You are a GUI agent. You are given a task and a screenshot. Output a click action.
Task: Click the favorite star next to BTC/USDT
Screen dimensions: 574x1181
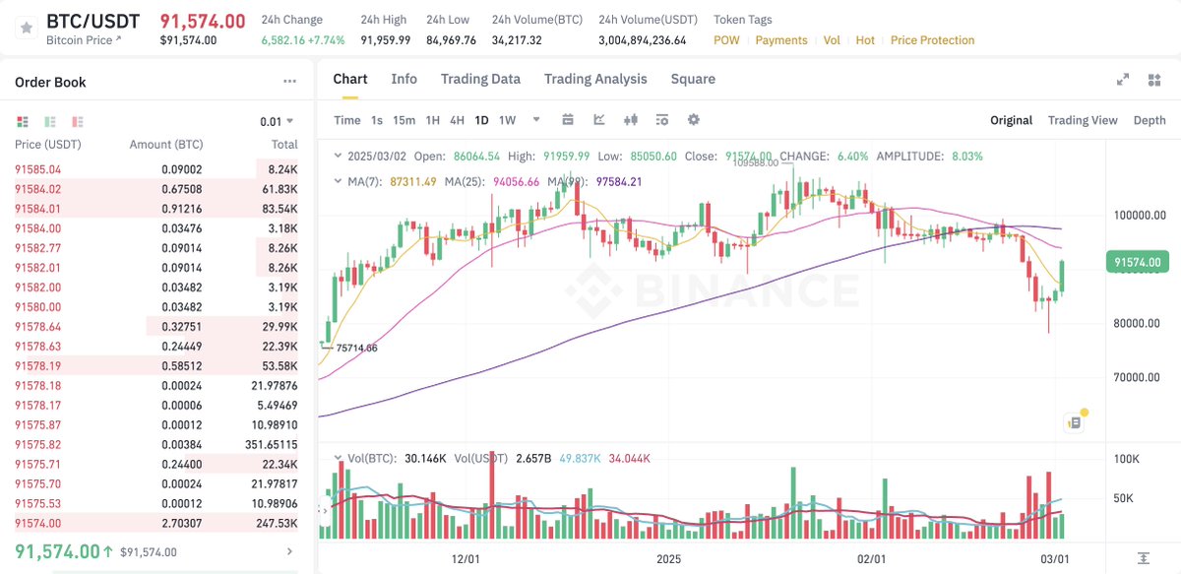25,30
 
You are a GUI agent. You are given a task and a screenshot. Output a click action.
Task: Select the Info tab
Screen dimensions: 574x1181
404,79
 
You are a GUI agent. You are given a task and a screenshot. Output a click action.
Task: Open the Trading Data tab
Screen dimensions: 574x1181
480,79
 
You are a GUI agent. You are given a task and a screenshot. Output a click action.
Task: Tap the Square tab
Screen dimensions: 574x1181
693,79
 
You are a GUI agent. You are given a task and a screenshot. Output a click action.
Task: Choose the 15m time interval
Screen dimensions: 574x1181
404,120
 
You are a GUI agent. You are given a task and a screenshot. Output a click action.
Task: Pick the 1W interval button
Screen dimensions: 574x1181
507,120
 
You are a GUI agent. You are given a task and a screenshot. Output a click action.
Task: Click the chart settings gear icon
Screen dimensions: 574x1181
694,120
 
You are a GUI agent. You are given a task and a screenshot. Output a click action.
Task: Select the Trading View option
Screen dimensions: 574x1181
1083,120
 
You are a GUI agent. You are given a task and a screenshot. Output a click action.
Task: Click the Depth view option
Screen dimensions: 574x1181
1150,120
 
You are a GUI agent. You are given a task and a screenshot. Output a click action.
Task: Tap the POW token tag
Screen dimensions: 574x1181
726,40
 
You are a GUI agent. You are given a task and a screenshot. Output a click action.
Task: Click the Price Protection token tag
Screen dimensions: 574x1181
932,40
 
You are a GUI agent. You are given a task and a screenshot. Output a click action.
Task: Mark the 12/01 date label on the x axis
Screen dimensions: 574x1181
466,558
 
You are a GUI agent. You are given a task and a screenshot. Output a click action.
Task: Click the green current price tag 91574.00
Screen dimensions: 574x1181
1138,262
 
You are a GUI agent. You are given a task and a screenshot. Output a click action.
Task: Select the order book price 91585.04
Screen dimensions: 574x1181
37,169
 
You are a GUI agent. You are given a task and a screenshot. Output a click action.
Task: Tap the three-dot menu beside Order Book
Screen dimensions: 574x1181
289,82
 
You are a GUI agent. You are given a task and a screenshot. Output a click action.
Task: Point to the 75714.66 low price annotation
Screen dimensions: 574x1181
356,348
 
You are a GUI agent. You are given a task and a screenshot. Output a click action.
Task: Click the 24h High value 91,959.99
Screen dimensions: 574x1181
386,40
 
